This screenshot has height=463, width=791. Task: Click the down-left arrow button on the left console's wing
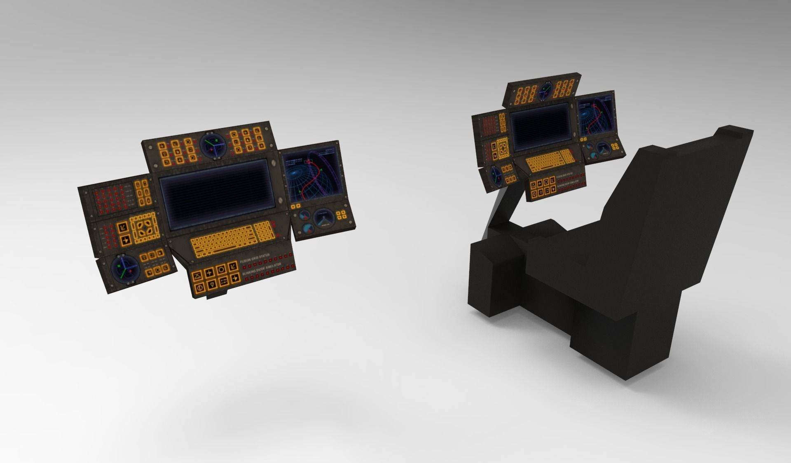tap(122, 227)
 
